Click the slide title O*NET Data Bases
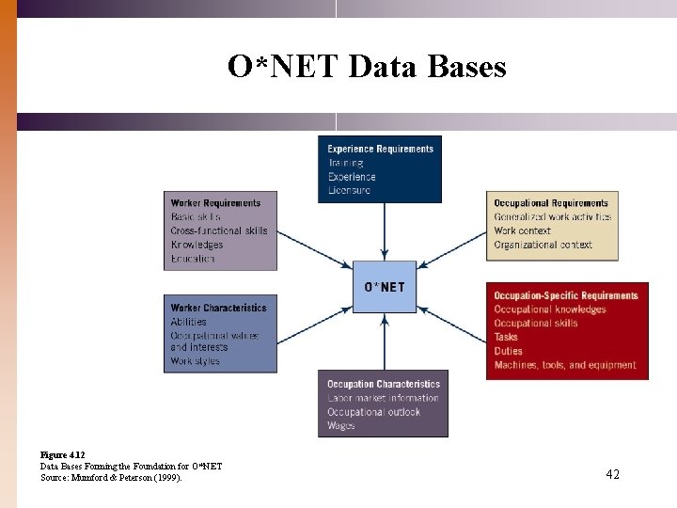tap(367, 67)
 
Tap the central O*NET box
tap(384, 287)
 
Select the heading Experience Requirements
tap(380, 149)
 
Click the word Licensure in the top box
tap(349, 190)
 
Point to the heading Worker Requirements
tap(215, 203)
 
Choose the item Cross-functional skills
tap(219, 230)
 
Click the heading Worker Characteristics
tap(218, 308)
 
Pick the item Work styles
tap(195, 361)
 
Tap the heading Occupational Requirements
tap(551, 203)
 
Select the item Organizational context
tap(543, 245)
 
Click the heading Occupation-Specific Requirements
tap(565, 295)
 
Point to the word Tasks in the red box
tap(506, 337)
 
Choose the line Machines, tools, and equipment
tap(564, 365)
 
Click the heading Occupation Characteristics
tap(383, 384)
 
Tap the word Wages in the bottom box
tap(340, 425)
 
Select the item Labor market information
tap(383, 398)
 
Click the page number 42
tap(612, 475)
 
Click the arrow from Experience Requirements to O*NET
tap(384, 231)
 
